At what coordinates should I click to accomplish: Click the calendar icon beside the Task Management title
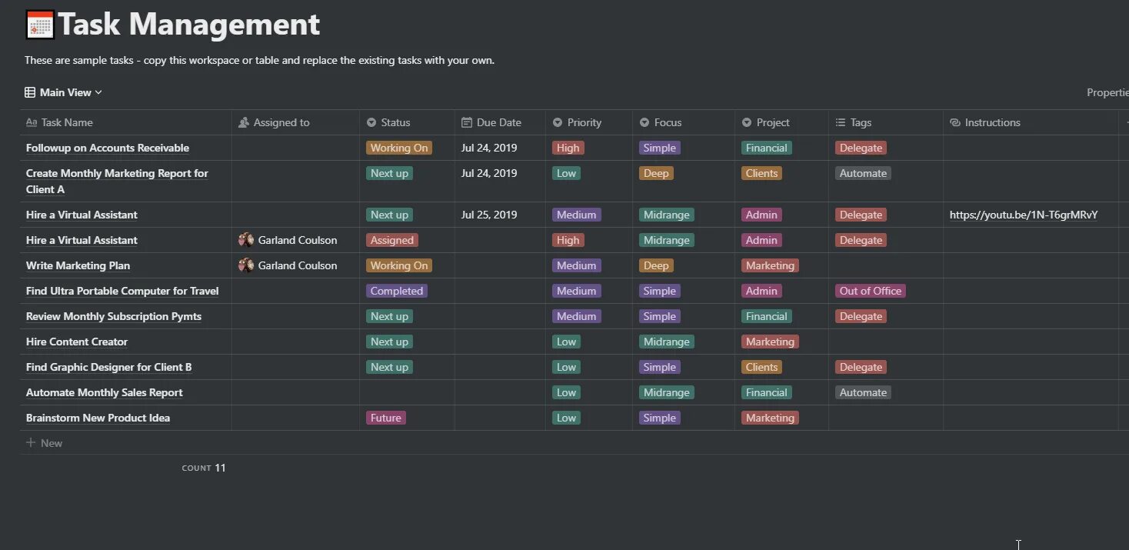pos(40,25)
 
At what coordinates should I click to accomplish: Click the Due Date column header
pos(498,122)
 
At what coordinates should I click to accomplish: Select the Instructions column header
pos(992,122)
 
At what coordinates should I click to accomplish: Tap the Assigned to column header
pos(281,122)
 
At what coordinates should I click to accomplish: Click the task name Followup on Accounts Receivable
pos(108,148)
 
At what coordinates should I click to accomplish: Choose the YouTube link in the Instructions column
pos(1023,215)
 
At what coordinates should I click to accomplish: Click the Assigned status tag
pos(392,240)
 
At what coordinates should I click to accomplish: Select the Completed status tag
pos(396,291)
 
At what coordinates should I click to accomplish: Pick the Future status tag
pos(385,418)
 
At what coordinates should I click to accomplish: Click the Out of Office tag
pos(870,291)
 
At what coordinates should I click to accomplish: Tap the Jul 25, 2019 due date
pos(489,215)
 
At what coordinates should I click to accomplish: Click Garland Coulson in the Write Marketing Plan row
pos(297,265)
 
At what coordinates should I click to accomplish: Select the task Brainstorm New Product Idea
pos(98,418)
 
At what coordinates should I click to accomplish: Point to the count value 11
pos(220,468)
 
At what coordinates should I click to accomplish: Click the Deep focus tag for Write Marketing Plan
pos(656,265)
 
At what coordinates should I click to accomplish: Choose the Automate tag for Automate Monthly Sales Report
pos(863,392)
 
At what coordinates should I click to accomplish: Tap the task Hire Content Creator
pos(77,342)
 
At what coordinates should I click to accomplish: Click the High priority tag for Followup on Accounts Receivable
pos(568,148)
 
